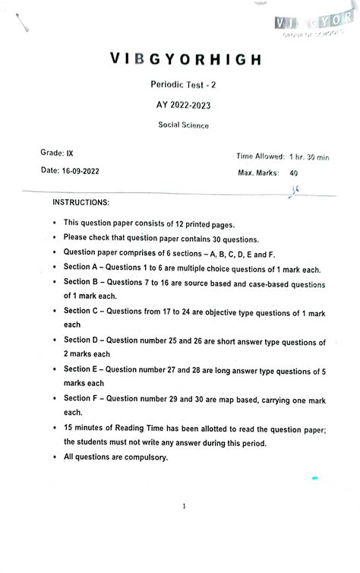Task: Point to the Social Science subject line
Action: point(183,125)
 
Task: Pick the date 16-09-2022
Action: point(69,171)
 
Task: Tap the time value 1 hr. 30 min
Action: point(309,157)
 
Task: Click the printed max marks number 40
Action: point(293,173)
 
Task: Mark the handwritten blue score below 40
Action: point(293,190)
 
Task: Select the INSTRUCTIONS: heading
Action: point(81,203)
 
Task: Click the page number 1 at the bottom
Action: point(184,505)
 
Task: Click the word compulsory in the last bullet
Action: point(143,457)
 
